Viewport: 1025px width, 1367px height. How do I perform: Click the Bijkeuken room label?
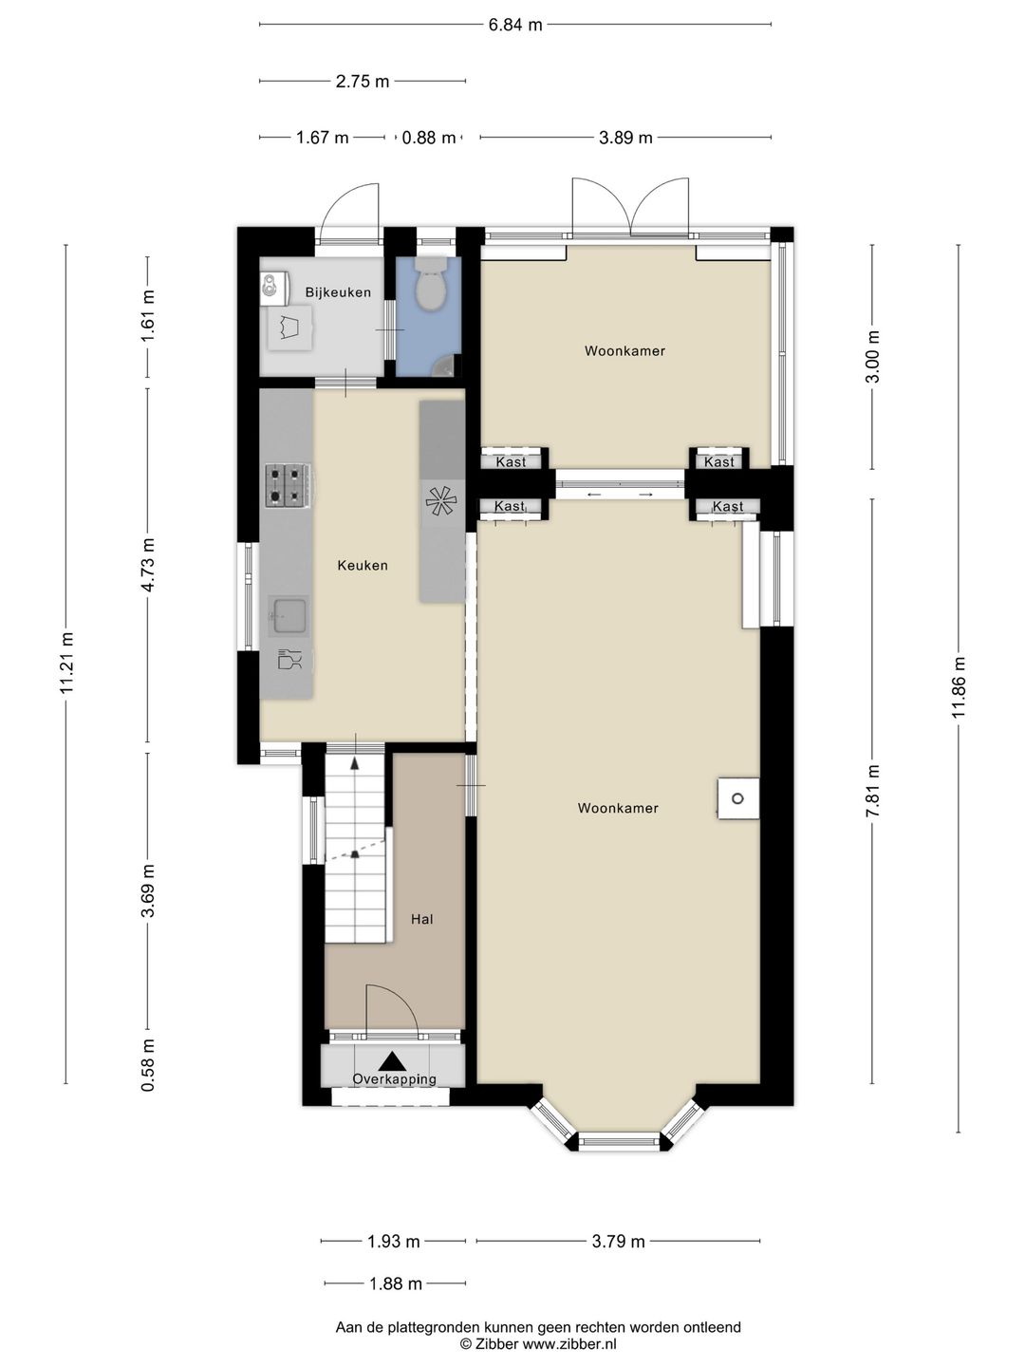tap(338, 292)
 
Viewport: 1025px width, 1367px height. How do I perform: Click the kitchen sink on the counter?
tap(288, 615)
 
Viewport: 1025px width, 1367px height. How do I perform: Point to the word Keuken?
tap(363, 565)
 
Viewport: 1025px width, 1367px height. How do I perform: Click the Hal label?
tap(422, 919)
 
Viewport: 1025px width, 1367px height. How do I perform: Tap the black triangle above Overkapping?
tap(392, 1060)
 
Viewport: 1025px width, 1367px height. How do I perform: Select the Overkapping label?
tap(394, 1078)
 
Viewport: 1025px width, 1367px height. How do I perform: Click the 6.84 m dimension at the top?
tap(514, 25)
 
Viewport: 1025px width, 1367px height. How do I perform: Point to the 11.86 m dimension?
tap(958, 687)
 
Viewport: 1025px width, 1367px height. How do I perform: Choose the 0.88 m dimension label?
tap(428, 138)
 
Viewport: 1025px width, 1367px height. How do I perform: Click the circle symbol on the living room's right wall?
tap(737, 798)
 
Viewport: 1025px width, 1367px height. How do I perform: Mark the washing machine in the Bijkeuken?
tap(291, 327)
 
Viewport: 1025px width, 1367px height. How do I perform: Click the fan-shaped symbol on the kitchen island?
tap(442, 501)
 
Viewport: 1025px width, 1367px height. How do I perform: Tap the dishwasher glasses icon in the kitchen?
tap(289, 659)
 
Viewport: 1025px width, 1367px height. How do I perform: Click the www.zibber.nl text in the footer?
tap(568, 1344)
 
